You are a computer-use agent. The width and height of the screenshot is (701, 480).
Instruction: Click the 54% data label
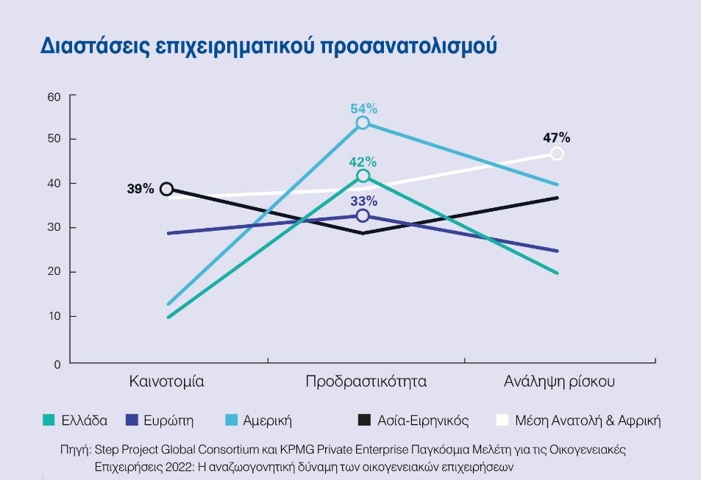tap(363, 109)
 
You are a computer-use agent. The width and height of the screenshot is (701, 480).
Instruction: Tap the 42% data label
tap(363, 162)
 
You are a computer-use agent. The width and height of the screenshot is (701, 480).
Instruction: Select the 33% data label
tap(363, 201)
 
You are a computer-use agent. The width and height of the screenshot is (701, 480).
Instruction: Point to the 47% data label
tap(557, 137)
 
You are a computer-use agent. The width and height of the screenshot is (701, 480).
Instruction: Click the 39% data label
tap(140, 189)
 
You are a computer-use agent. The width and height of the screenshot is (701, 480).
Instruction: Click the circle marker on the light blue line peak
tap(363, 123)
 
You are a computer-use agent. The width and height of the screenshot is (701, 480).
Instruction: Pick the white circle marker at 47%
tap(557, 154)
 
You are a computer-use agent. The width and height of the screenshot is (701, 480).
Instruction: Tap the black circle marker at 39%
tap(167, 189)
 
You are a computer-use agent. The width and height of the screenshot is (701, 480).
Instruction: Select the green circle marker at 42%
tap(363, 176)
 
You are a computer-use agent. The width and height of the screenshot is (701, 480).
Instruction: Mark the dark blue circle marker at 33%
tap(363, 215)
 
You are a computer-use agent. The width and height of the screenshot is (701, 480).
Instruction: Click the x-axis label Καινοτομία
tap(166, 382)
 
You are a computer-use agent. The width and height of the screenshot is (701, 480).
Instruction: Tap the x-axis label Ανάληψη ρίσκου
tap(559, 382)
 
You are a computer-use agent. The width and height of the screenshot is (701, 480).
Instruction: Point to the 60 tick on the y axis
tap(52, 96)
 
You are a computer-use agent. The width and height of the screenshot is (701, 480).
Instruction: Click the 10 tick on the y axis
tap(53, 317)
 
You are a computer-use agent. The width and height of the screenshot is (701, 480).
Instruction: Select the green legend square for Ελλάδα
tap(49, 420)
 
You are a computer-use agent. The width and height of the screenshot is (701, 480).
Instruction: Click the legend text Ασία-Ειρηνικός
tap(422, 421)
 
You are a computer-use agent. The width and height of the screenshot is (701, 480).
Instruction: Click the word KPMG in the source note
tap(302, 448)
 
